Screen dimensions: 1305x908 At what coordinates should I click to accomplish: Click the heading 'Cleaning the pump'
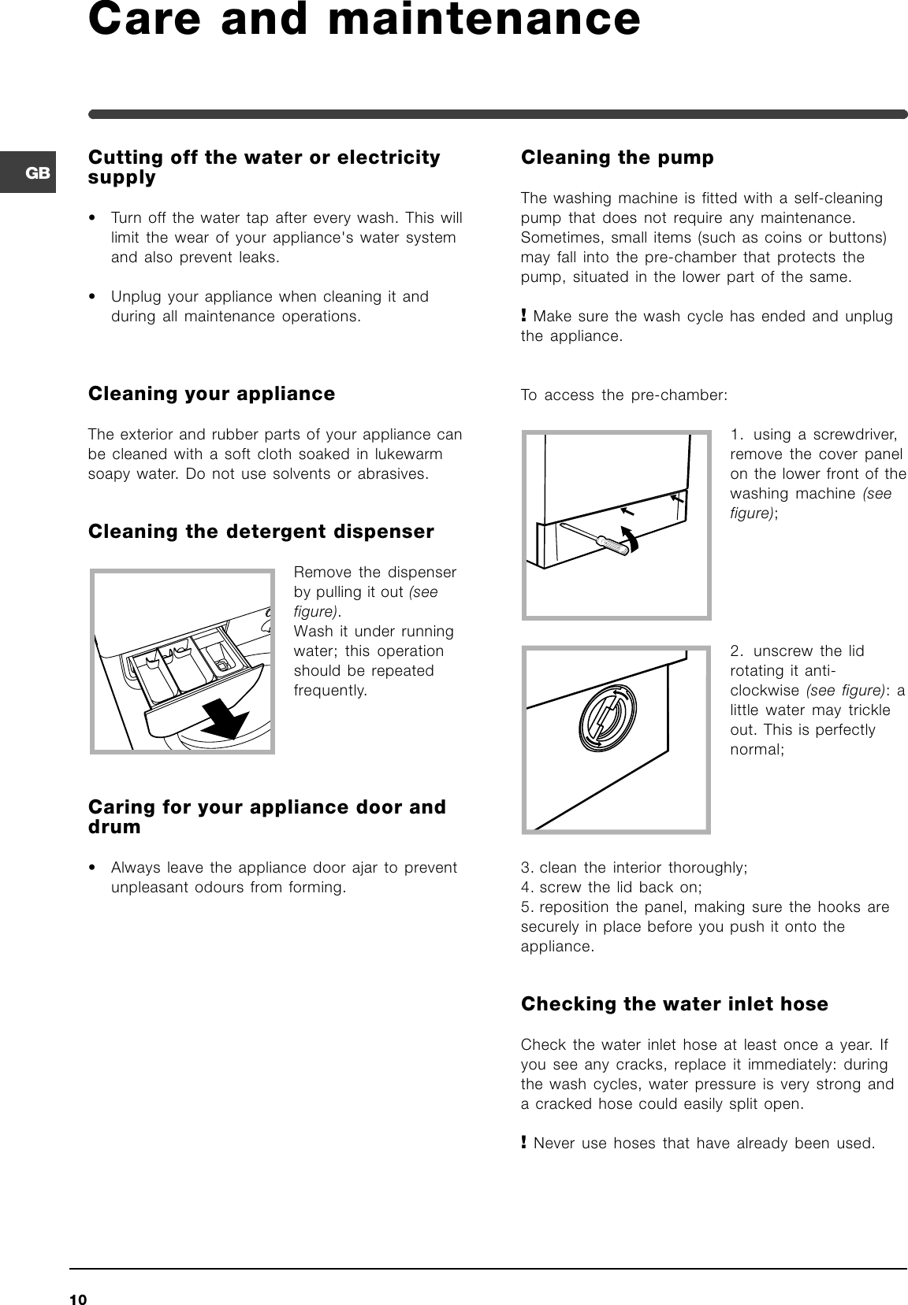[x=617, y=158]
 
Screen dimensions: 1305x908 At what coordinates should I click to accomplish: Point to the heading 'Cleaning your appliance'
[x=211, y=394]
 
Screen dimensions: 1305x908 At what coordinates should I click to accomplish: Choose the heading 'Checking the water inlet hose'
[x=675, y=1004]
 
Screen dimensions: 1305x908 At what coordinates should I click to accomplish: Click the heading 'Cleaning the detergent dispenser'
[x=261, y=532]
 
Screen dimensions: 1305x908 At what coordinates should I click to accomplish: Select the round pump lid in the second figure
[x=606, y=718]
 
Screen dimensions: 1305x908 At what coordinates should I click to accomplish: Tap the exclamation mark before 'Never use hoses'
[x=524, y=1143]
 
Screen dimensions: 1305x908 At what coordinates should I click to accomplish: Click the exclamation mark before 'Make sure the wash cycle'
[x=524, y=317]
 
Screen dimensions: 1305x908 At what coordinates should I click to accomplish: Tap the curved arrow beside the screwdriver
[x=631, y=539]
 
